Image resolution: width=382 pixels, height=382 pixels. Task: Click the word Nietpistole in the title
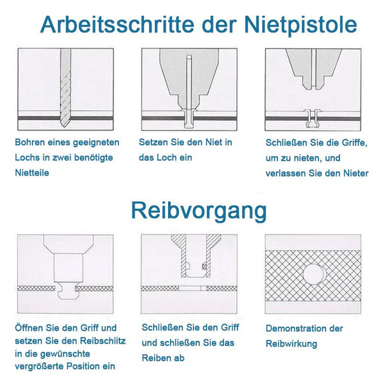tap(301, 24)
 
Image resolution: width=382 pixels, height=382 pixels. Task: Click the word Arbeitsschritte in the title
tap(117, 24)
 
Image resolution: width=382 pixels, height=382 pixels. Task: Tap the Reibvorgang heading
tap(199, 211)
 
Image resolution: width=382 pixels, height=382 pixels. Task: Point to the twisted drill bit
tap(66, 88)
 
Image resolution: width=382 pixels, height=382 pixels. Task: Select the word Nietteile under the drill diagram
tap(32, 173)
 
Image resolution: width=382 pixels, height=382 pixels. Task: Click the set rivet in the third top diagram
tap(313, 118)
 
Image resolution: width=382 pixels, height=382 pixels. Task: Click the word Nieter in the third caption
tap(356, 173)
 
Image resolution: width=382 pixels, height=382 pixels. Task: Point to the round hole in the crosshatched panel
tap(313, 274)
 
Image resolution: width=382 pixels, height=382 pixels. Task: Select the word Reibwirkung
tap(292, 344)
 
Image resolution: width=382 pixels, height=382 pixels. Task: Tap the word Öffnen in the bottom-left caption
tap(29, 328)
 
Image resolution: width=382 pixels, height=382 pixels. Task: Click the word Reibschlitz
tap(103, 341)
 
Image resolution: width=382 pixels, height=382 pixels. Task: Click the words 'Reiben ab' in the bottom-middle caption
tap(163, 358)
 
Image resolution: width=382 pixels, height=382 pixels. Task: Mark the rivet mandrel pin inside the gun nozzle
tap(189, 82)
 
